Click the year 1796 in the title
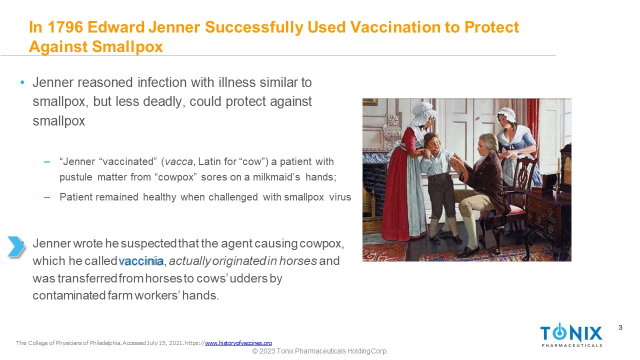65,27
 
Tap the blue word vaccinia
141,261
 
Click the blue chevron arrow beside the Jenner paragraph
16,246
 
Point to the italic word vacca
179,162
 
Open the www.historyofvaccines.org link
238,343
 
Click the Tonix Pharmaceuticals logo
571,335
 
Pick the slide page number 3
620,327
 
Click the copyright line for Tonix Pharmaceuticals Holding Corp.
319,351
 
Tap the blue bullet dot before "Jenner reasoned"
22,83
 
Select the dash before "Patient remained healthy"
47,197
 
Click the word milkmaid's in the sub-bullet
276,177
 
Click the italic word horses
298,261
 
